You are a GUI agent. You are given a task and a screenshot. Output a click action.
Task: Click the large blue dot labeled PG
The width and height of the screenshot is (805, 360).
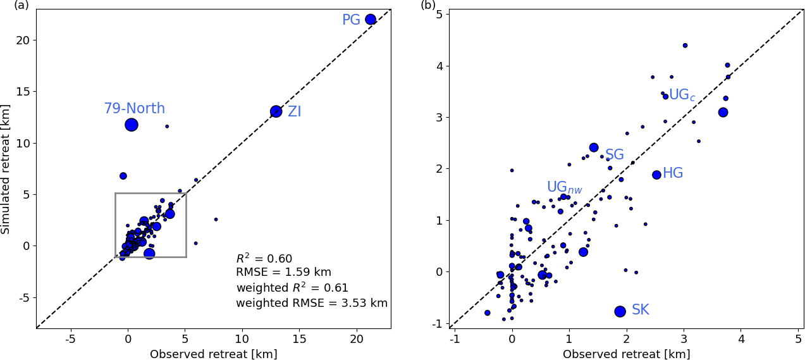point(371,20)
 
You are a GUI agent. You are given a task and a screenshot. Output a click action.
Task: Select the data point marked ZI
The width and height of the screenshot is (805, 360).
point(276,111)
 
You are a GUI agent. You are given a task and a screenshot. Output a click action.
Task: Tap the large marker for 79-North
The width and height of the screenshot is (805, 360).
point(132,125)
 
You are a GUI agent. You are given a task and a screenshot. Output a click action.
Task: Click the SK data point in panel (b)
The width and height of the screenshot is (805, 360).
point(620,311)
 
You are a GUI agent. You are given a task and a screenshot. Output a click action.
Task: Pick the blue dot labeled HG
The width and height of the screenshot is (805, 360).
point(656,175)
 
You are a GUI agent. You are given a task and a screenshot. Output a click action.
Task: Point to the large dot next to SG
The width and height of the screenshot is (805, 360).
point(594,147)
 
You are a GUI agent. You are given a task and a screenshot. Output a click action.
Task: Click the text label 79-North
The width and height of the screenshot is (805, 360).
point(134,109)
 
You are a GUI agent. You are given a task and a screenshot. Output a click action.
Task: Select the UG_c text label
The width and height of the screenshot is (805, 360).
point(682,96)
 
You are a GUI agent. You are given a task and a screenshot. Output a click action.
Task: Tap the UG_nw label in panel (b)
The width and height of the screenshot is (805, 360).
point(564,187)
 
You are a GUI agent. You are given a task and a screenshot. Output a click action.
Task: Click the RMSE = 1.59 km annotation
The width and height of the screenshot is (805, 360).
point(283,273)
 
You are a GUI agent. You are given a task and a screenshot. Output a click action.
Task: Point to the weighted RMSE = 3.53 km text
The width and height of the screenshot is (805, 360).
point(312,303)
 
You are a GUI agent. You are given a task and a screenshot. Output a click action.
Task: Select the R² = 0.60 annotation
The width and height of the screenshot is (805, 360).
point(264,259)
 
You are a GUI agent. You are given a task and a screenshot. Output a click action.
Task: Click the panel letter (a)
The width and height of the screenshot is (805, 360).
point(21,6)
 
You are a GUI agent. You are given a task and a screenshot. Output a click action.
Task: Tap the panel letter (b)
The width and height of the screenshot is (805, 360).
point(428,6)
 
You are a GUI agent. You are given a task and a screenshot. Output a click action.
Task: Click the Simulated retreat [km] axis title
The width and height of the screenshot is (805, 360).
point(6,170)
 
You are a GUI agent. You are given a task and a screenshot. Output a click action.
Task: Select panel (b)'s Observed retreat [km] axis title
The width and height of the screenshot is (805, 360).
point(626,354)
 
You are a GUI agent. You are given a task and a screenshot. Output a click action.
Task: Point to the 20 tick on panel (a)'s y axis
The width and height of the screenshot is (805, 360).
point(23,40)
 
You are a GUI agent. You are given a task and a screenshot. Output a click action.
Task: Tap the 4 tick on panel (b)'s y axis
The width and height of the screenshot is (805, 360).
point(438,66)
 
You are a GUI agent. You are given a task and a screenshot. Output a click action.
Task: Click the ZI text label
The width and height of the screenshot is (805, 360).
point(295,112)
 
